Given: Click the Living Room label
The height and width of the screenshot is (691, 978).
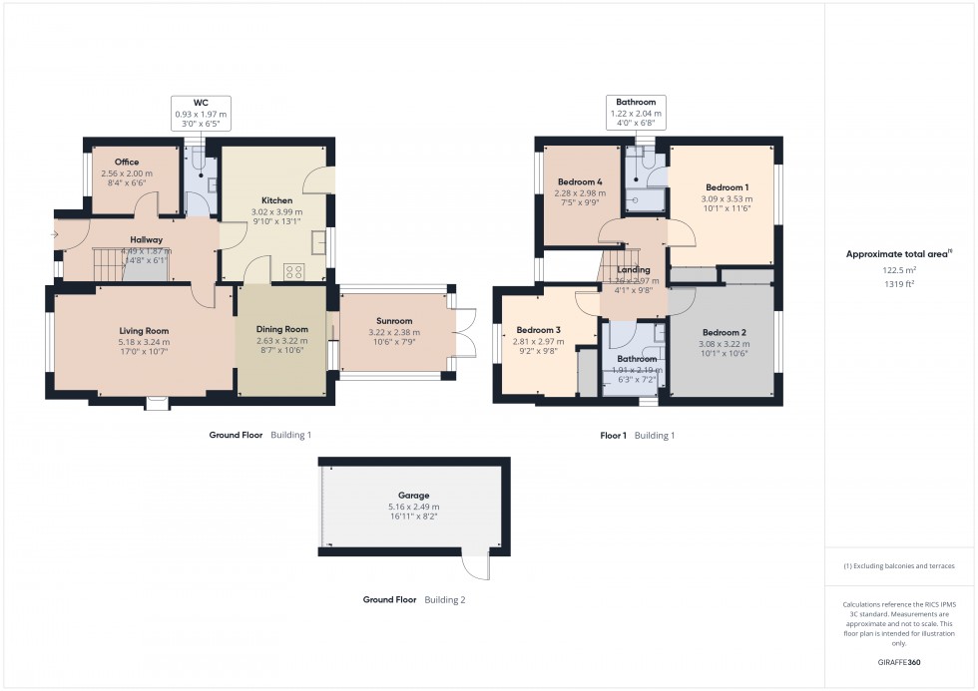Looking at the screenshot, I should coord(145,331).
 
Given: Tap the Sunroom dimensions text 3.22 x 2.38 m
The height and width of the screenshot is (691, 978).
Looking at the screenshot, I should coord(389,332).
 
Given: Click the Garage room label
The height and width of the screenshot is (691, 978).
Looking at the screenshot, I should coord(413,495).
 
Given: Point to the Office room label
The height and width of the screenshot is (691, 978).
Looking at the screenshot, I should coord(126,162).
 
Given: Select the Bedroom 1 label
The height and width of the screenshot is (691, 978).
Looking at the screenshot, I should coord(727,187).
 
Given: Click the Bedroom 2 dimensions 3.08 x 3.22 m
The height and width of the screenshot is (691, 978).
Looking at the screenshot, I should coord(724,344).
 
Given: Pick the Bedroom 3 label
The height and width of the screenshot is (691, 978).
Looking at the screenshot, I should coord(537,330).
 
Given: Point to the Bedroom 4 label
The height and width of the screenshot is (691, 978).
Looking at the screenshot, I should coord(579,181).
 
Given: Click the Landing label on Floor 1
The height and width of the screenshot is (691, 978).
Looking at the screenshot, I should coord(633,269).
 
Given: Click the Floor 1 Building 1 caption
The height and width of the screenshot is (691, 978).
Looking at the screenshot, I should coord(637,436).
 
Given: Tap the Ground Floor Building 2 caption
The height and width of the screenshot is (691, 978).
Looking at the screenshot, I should coord(413,600).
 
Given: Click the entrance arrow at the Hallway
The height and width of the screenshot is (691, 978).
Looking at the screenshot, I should coord(55,235).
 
